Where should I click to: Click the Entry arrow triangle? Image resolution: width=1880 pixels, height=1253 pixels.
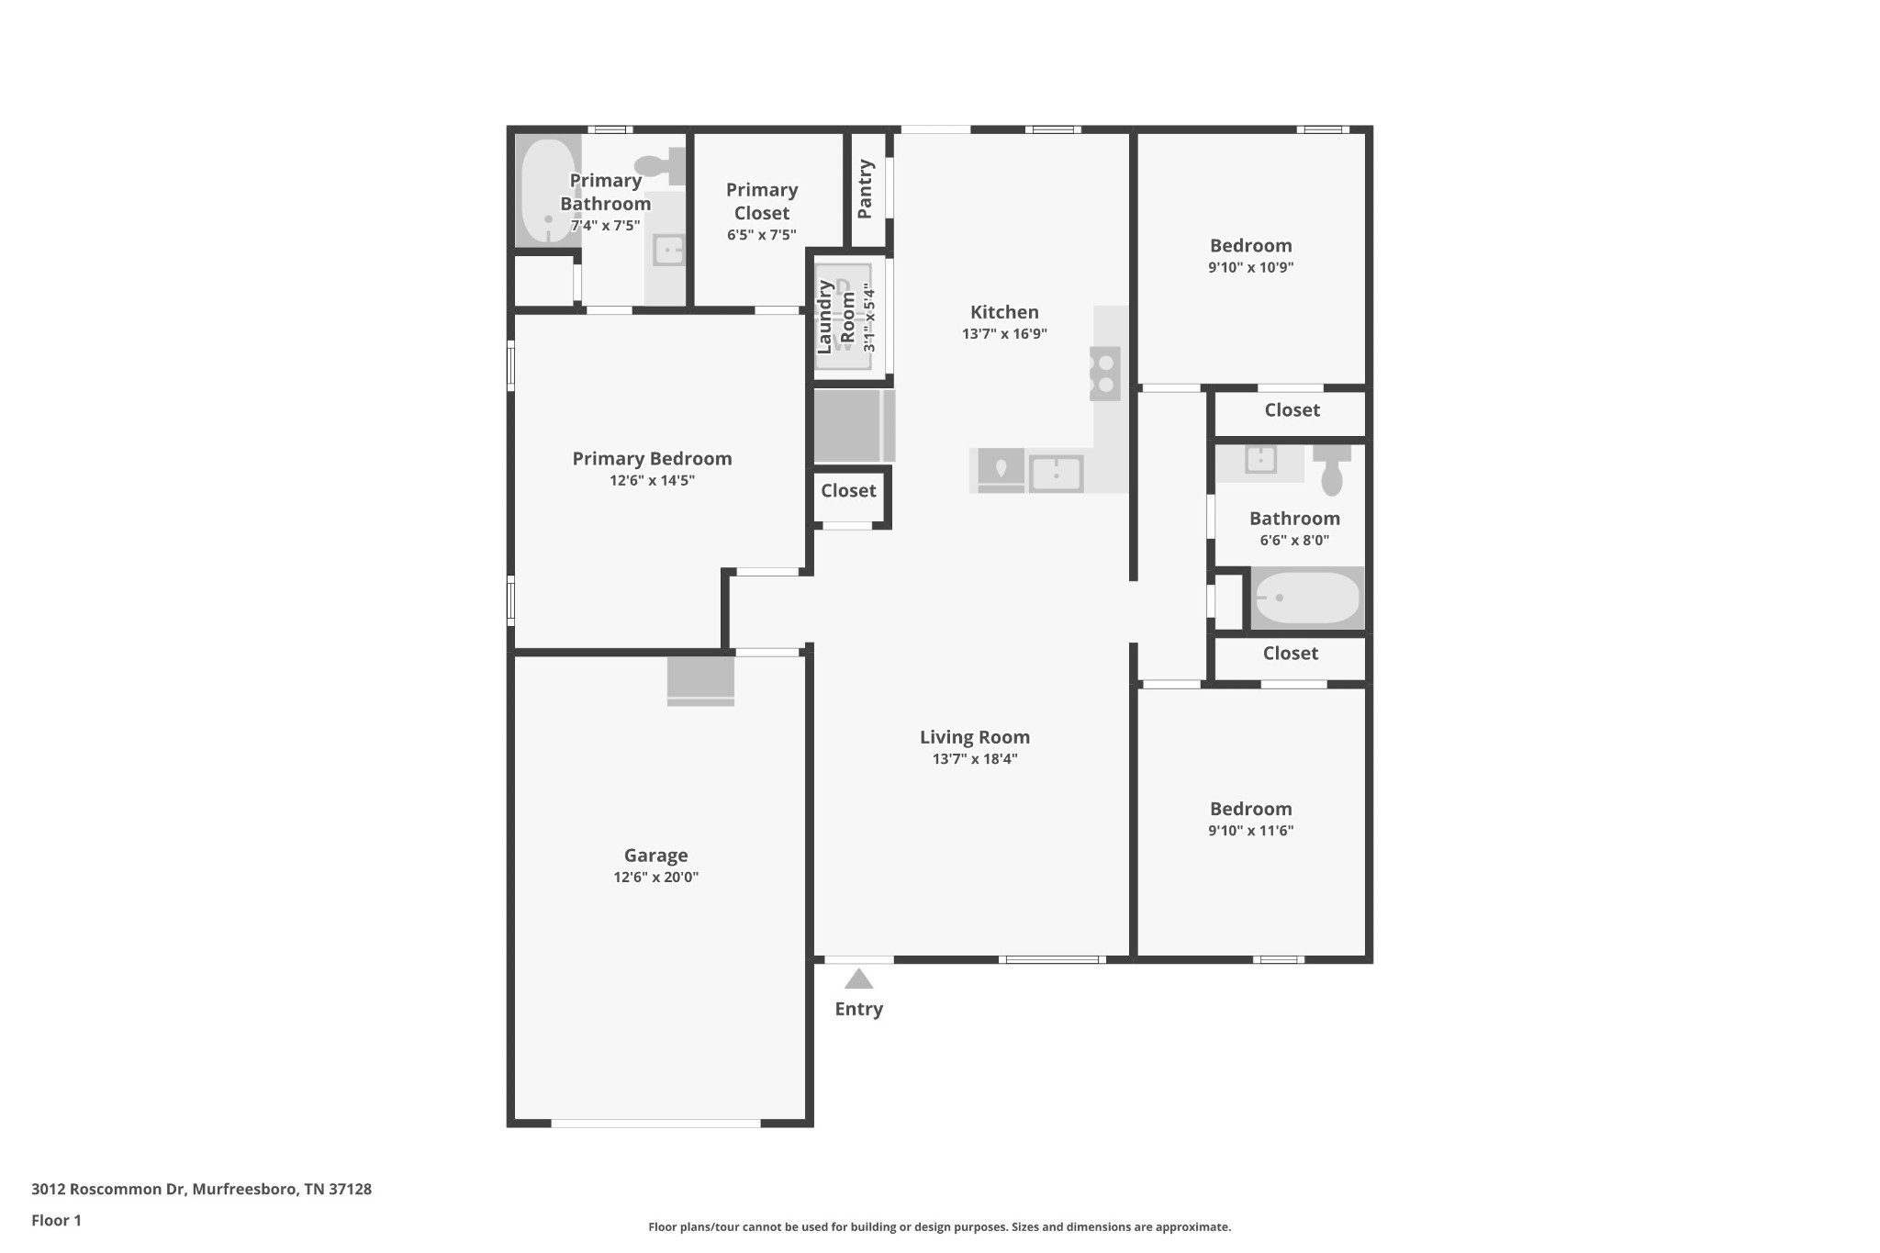[858, 979]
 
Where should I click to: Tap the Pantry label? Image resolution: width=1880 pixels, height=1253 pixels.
[865, 189]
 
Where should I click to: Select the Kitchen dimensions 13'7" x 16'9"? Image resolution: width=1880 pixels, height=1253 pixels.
[1004, 334]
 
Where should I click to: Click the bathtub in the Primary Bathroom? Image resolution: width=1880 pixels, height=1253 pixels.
[547, 191]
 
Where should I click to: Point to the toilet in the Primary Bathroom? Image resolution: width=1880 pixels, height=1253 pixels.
[659, 166]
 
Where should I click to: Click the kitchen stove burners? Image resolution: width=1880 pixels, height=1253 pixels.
[1105, 374]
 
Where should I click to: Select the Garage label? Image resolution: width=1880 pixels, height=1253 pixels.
[655, 856]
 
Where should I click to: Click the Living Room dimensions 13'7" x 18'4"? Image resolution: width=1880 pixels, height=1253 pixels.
[975, 759]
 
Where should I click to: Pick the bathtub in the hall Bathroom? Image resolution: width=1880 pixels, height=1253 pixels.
[1307, 599]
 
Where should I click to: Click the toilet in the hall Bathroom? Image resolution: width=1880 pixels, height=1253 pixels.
[1331, 470]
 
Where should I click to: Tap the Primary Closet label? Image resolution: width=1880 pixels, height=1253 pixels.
[762, 201]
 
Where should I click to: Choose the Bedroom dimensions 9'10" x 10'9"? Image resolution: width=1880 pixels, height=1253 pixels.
[1250, 268]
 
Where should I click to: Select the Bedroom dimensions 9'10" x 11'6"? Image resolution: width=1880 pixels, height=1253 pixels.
[1250, 831]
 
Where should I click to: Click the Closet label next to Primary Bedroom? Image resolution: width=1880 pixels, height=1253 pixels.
[848, 491]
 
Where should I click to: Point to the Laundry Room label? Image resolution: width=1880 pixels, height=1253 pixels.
[835, 317]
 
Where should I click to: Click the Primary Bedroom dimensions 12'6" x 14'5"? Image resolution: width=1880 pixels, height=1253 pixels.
[652, 481]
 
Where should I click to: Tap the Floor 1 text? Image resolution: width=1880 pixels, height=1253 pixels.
[56, 1221]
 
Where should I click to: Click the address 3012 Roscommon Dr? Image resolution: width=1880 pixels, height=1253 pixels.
[201, 1190]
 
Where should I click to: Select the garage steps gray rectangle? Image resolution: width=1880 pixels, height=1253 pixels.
[700, 680]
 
